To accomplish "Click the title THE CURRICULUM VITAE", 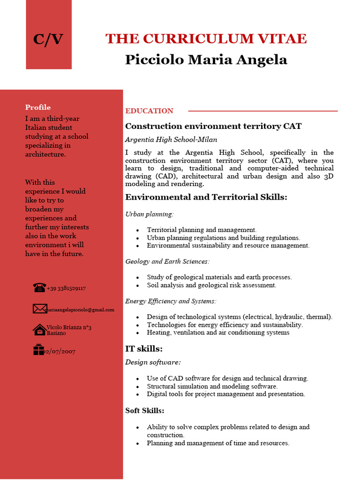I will coord(206,38).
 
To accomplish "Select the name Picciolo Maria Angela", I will coord(206,60).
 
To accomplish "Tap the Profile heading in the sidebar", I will coord(38,107).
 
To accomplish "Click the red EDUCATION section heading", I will coord(149,111).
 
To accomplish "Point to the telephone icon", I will coord(39,287).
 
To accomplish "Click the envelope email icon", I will coord(39,308).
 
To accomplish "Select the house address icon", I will coord(39,330).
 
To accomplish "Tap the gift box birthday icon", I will coord(38,350).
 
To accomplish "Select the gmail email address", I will coord(80,310).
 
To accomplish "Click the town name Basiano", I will coord(56,333).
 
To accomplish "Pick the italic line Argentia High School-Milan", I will coord(171,140).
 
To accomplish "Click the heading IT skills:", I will coord(144,349).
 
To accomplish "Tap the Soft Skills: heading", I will coord(145,411).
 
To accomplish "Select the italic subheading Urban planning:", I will coord(149,214).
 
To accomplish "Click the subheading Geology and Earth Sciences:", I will coord(167,262).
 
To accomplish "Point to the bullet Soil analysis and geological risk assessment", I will coord(211,285).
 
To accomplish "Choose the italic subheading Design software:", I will coord(153,362).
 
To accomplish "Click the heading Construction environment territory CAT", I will coord(213,126).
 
